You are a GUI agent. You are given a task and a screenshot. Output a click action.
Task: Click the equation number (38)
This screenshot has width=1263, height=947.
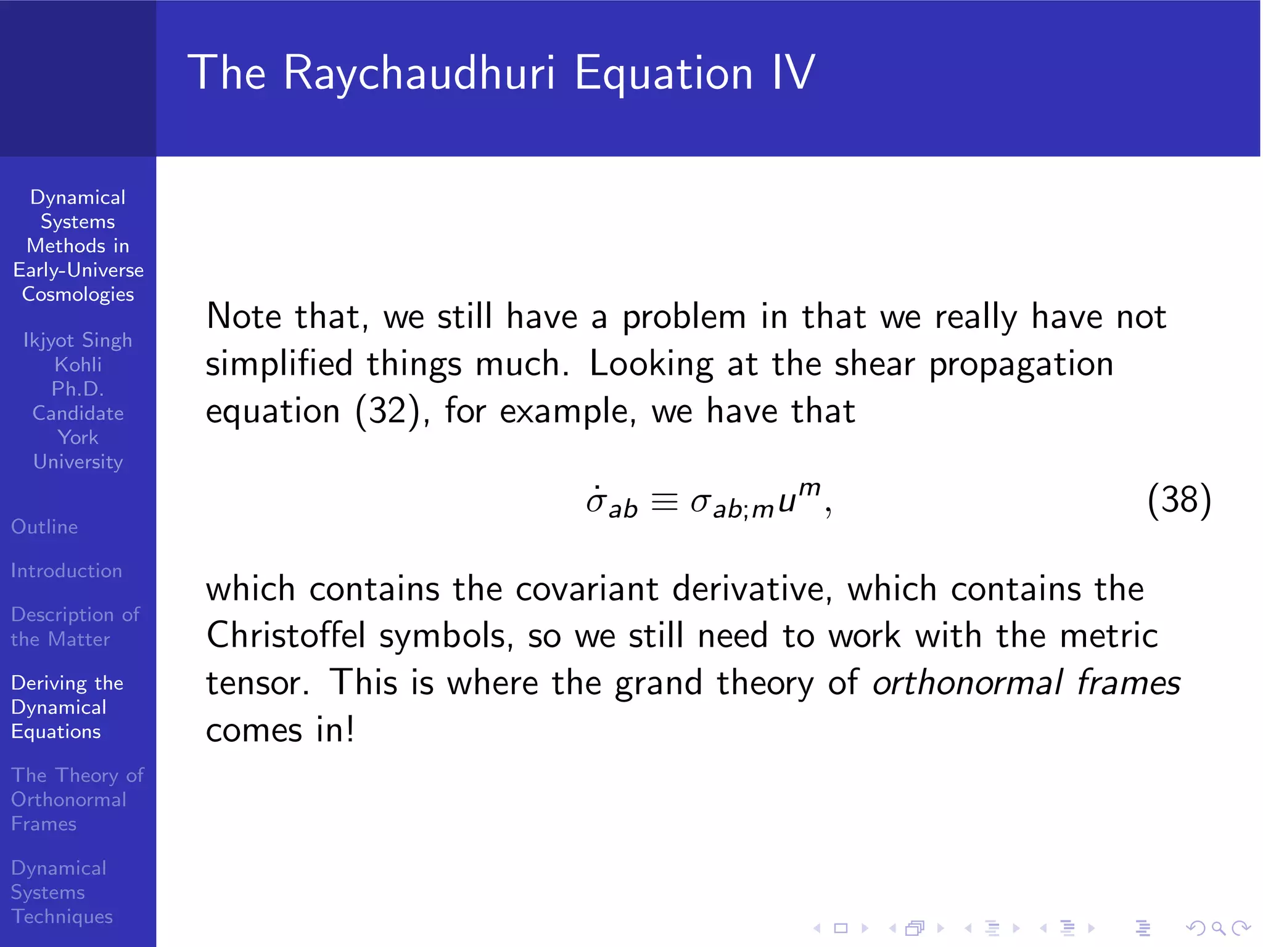[x=1179, y=500]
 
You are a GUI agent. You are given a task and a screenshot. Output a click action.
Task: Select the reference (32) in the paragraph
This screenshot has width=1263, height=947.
[x=387, y=411]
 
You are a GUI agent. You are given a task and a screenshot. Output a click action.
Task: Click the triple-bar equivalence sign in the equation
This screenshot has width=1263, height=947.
[x=664, y=502]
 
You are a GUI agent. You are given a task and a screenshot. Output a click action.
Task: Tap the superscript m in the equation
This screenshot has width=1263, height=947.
[x=809, y=488]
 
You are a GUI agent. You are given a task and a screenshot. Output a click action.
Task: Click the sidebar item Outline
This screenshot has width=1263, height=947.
[x=44, y=527]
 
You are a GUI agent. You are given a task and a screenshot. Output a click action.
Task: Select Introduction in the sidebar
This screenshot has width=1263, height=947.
[x=67, y=571]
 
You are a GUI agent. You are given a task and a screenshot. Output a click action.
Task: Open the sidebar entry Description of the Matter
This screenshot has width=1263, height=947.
[x=75, y=626]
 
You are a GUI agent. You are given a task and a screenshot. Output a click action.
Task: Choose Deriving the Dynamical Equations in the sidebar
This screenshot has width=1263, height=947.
[x=67, y=707]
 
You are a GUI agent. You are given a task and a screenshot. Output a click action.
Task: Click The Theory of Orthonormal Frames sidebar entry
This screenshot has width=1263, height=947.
[x=76, y=799]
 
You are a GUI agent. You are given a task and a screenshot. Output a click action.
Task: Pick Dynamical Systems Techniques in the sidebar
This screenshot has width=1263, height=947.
[x=62, y=892]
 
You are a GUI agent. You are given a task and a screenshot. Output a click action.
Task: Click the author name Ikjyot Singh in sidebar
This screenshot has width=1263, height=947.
[x=78, y=340]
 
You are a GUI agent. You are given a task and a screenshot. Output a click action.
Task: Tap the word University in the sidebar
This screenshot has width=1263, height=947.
[x=78, y=462]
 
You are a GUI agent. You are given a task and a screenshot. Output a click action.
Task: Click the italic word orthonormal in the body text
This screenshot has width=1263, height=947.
[x=967, y=683]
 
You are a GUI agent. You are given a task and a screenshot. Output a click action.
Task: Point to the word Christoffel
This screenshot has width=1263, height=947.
[x=286, y=636]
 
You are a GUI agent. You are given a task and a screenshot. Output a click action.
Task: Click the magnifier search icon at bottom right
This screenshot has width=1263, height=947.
[x=1218, y=928]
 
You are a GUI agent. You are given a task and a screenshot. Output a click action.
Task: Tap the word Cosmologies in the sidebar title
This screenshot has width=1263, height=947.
[x=78, y=295]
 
